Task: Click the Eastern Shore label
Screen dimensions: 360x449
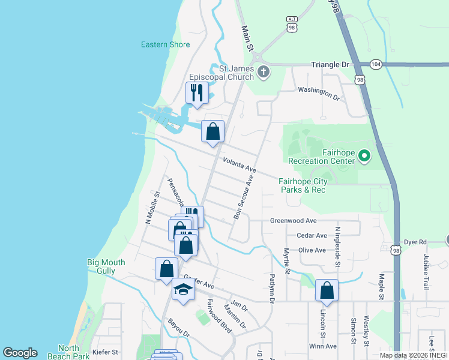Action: tap(165, 44)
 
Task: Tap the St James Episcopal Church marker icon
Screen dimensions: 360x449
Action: tap(263, 73)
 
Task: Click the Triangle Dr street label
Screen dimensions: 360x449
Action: tap(330, 64)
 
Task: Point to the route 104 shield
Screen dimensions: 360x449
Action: tap(376, 64)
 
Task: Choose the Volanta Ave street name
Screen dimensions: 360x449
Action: tap(239, 165)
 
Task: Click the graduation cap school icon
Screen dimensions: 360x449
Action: tap(183, 290)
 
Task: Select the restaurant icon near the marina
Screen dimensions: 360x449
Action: tap(196, 93)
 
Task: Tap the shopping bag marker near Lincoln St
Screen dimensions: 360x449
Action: tap(327, 290)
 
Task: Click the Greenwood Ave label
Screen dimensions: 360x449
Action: tap(293, 221)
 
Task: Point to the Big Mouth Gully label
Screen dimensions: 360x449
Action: tap(106, 266)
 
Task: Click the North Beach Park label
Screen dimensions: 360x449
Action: tap(73, 352)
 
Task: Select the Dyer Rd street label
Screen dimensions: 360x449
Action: tap(414, 242)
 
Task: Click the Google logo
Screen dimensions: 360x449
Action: tap(20, 353)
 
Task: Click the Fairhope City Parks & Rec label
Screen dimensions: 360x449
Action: tap(303, 185)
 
